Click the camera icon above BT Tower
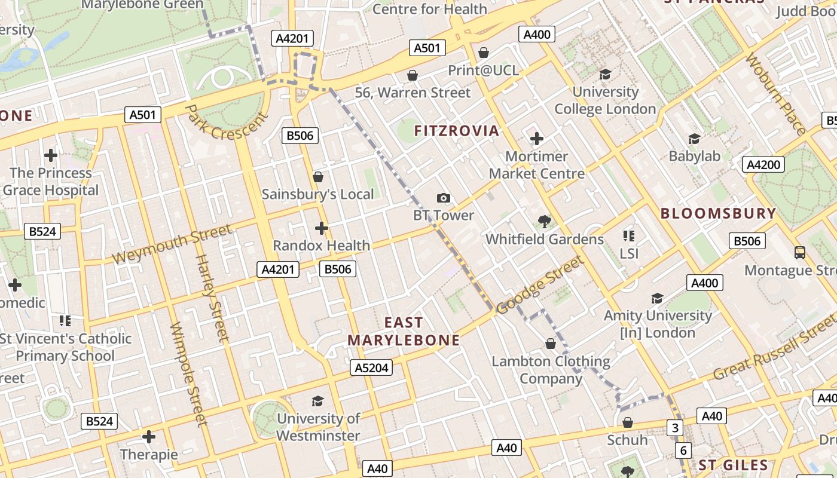[x=443, y=198]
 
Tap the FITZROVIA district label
[x=456, y=131]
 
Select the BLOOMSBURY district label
[x=718, y=213]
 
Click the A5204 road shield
[x=371, y=367]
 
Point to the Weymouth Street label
[x=172, y=244]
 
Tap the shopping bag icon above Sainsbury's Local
[x=318, y=177]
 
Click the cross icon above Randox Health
[x=322, y=228]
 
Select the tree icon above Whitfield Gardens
[x=544, y=222]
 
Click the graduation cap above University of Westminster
[x=318, y=401]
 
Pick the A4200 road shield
[x=763, y=164]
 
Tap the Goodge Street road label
[x=539, y=285]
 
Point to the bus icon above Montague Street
[x=800, y=253]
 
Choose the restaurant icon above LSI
[x=628, y=236]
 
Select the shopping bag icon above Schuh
[x=627, y=423]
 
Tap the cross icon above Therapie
[x=149, y=437]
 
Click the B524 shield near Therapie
[x=99, y=421]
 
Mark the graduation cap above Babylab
[x=694, y=139]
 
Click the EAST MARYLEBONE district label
[x=404, y=332]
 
